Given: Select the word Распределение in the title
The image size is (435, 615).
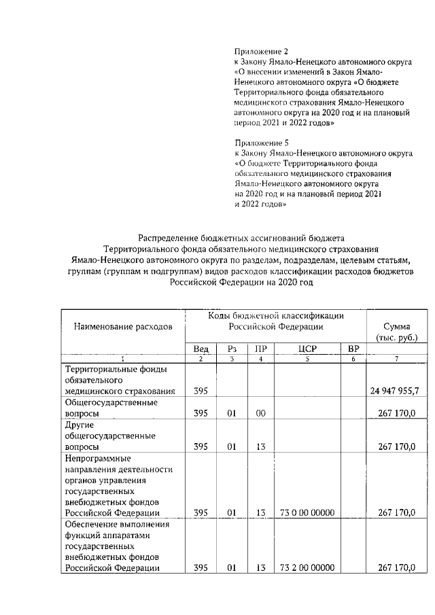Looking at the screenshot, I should click(169, 238).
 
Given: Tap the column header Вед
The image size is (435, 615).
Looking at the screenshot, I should click(201, 349).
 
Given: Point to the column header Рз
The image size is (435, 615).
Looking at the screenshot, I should click(232, 349).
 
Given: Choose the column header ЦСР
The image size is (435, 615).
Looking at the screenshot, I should click(307, 349).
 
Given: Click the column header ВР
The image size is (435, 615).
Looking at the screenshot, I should click(353, 349).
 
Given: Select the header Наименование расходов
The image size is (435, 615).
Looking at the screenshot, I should click(123, 326).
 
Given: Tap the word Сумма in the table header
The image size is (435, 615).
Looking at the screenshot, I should click(397, 326).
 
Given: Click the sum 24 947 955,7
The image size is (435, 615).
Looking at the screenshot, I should click(394, 391).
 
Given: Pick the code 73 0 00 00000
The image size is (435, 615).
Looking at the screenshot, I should click(307, 513).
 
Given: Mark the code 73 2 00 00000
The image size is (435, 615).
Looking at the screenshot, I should click(307, 567).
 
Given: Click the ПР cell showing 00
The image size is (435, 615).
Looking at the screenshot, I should click(260, 412).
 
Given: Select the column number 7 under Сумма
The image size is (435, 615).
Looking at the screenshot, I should click(397, 359).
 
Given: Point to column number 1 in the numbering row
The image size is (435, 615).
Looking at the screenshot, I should click(123, 359).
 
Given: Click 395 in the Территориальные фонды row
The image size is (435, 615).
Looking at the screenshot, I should click(201, 391).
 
